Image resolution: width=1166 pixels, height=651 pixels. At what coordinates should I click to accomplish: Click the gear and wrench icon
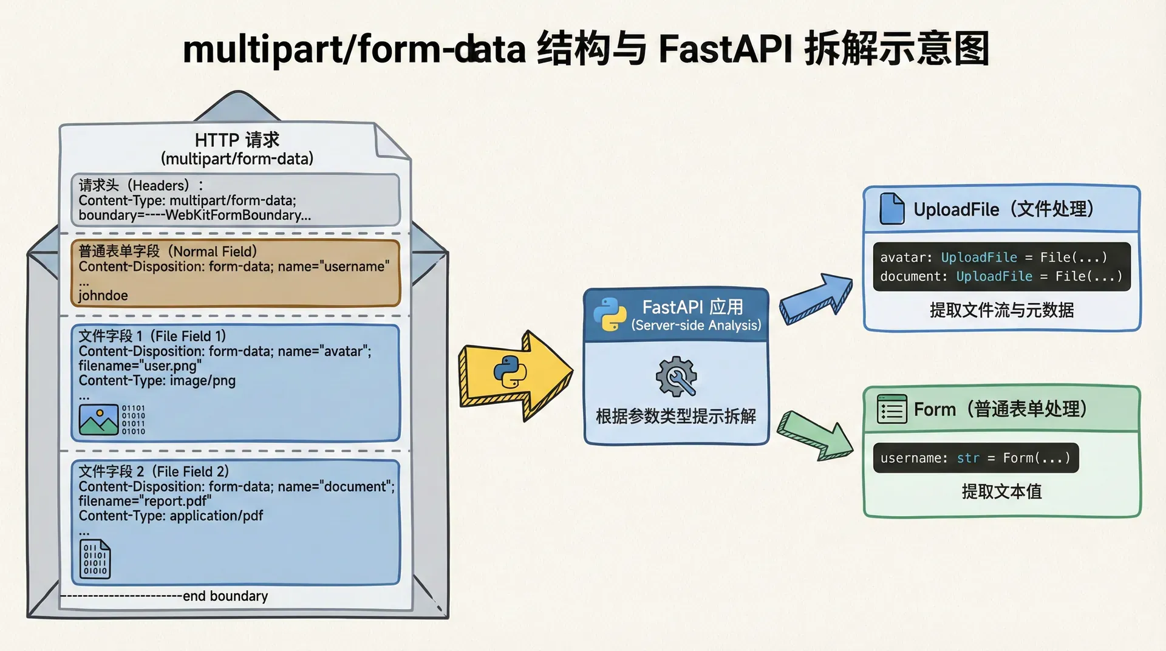click(676, 377)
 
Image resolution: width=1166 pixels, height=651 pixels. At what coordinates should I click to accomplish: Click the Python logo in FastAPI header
click(610, 315)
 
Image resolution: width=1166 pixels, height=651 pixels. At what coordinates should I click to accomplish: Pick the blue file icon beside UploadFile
click(892, 209)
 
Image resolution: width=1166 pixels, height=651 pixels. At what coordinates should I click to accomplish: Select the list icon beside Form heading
click(892, 409)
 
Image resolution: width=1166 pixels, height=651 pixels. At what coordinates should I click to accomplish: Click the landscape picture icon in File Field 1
click(98, 420)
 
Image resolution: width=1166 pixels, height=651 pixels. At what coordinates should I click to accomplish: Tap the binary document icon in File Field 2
click(95, 559)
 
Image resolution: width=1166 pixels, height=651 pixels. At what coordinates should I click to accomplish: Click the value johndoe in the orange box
click(103, 296)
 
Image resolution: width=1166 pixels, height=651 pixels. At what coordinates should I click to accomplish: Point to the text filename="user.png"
click(140, 366)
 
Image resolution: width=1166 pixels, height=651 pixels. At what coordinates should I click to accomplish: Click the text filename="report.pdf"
click(145, 502)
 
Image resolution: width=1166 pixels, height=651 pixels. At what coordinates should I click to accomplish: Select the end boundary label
click(225, 596)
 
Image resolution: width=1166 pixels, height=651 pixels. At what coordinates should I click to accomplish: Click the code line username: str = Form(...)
click(975, 458)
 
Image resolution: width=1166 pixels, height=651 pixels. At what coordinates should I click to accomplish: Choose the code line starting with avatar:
click(994, 257)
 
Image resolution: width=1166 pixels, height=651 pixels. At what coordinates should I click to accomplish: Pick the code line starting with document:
click(1001, 277)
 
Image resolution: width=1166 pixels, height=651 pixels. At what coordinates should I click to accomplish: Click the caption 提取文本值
click(1001, 491)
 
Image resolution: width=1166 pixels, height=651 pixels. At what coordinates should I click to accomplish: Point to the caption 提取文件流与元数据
click(1001, 310)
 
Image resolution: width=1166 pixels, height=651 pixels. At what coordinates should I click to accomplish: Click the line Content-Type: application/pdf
click(171, 516)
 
